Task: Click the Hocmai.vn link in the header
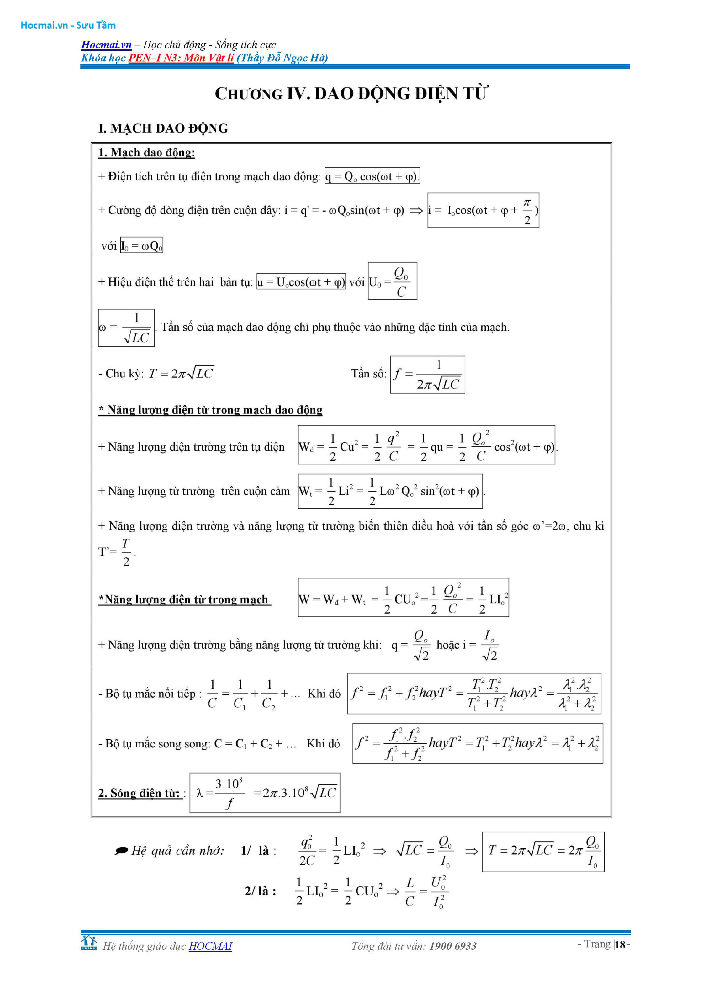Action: [106, 44]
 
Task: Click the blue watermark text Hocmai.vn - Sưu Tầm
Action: [68, 25]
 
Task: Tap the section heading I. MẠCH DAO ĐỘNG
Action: [163, 129]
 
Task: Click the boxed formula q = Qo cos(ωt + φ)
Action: [372, 176]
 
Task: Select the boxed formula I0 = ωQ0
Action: [141, 246]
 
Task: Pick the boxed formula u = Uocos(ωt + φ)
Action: [301, 282]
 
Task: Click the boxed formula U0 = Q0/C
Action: [392, 281]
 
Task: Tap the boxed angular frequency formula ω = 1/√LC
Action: [126, 328]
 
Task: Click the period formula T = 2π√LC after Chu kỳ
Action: [181, 373]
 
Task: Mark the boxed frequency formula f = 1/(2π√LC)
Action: [427, 374]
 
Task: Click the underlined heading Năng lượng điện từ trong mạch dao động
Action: [211, 410]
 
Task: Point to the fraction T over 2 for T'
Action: [126, 552]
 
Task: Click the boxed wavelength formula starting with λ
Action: [265, 793]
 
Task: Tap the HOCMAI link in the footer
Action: [210, 946]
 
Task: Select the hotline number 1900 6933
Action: [453, 946]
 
